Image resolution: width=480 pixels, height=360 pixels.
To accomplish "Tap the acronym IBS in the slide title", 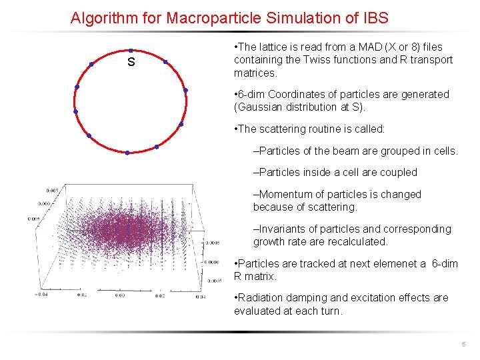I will click(374, 17).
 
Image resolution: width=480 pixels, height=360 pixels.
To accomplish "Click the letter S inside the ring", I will click(131, 63).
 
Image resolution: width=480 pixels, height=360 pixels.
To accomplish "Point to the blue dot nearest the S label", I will click(131, 51).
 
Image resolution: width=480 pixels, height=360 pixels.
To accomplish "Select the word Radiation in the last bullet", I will click(264, 298).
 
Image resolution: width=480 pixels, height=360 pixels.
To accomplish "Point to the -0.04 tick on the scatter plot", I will click(43, 294).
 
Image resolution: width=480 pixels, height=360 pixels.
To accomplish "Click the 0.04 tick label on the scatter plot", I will click(200, 295).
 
